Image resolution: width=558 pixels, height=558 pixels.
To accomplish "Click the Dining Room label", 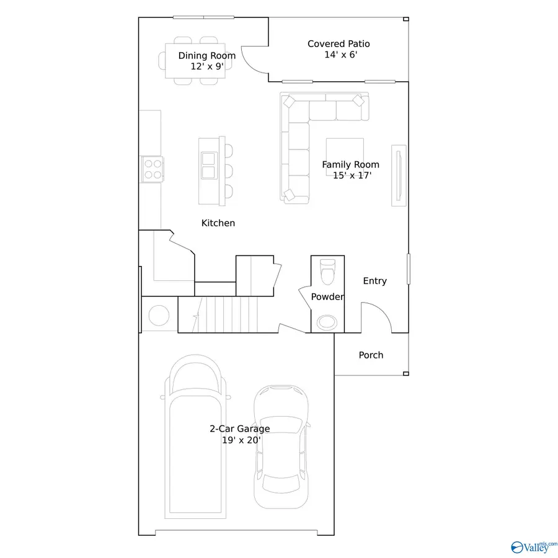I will click(206, 60).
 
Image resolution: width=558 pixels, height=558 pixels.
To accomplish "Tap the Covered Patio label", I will click(339, 49).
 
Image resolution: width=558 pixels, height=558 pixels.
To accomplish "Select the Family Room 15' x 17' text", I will click(350, 169).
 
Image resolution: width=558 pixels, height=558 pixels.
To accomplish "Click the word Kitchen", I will click(218, 223).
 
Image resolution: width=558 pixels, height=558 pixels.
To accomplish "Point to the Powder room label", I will click(327, 297).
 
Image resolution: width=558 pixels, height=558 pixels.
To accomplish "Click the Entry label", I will click(374, 281).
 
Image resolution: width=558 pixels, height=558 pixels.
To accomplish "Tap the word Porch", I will click(371, 355).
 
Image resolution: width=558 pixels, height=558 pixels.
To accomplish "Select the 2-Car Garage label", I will click(239, 434).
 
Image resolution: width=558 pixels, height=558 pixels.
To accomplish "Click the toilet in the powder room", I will click(327, 271).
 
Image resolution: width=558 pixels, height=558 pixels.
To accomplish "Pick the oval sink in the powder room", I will click(326, 322).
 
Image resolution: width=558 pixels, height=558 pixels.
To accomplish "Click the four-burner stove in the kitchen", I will click(153, 168).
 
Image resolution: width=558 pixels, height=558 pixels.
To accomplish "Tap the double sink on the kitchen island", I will click(208, 164).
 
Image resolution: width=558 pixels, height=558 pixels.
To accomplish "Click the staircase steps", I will click(222, 314).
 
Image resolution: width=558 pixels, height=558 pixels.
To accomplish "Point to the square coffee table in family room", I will click(345, 156).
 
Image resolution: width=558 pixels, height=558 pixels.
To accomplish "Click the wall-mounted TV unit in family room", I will click(399, 175).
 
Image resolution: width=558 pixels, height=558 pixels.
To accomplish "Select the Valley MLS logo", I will click(532, 546).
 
